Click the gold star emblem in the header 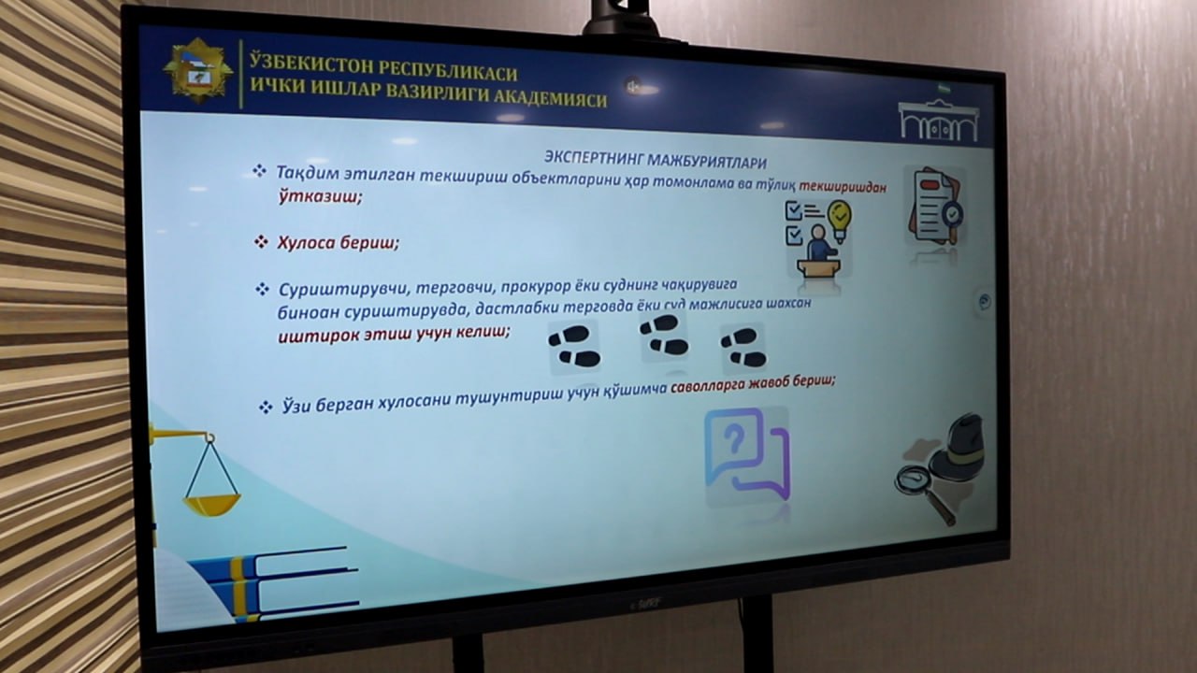pyautogui.click(x=197, y=70)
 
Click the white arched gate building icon pyautogui.click(x=939, y=122)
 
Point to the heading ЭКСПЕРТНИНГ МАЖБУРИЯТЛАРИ pyautogui.click(x=656, y=159)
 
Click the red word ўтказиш pyautogui.click(x=320, y=196)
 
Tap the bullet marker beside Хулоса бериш pyautogui.click(x=261, y=241)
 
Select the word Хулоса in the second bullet pyautogui.click(x=306, y=242)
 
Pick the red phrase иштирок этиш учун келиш pyautogui.click(x=394, y=335)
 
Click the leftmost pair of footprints pyautogui.click(x=574, y=347)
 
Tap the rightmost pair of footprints pyautogui.click(x=743, y=348)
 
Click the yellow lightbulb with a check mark pyautogui.click(x=840, y=219)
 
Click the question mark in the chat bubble pyautogui.click(x=735, y=440)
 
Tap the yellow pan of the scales pyautogui.click(x=212, y=505)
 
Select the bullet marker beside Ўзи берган pyautogui.click(x=266, y=408)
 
